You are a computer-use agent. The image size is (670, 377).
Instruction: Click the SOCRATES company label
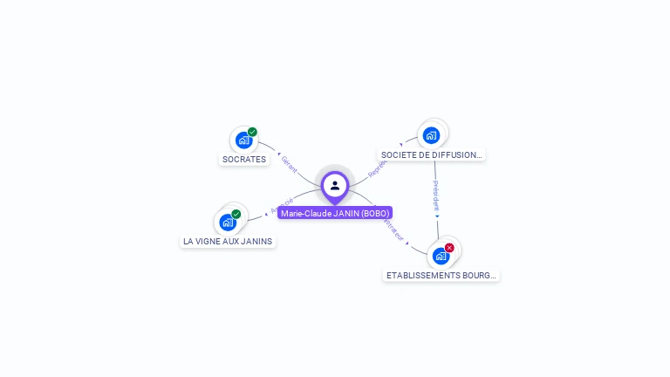tap(244, 160)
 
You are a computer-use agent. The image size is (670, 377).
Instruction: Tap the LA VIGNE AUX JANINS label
tap(228, 241)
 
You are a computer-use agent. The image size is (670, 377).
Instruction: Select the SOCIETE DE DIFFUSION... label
tap(431, 155)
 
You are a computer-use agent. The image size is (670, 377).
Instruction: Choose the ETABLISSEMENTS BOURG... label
tap(441, 275)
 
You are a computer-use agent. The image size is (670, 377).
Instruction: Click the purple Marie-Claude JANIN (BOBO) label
tap(335, 213)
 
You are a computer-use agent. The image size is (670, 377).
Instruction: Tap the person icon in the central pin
tap(335, 185)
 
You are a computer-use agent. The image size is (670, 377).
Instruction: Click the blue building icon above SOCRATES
tap(243, 140)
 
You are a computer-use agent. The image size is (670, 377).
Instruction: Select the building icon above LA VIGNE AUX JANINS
tap(228, 222)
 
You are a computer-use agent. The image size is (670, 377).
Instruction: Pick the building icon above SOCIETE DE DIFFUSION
tap(431, 135)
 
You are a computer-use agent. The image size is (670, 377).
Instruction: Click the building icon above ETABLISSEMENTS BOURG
tap(441, 256)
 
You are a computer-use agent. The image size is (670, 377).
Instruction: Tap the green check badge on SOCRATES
tap(252, 132)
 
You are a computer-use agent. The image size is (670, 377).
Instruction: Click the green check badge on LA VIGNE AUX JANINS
tap(236, 214)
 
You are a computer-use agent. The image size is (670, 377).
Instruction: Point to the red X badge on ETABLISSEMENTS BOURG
tap(449, 248)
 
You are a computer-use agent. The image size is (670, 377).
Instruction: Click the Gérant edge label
tap(290, 164)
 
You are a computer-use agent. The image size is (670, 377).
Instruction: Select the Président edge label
tap(436, 196)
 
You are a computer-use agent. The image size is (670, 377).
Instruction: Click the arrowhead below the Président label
tap(437, 216)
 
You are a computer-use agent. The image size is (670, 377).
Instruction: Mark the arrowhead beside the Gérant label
tap(279, 154)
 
